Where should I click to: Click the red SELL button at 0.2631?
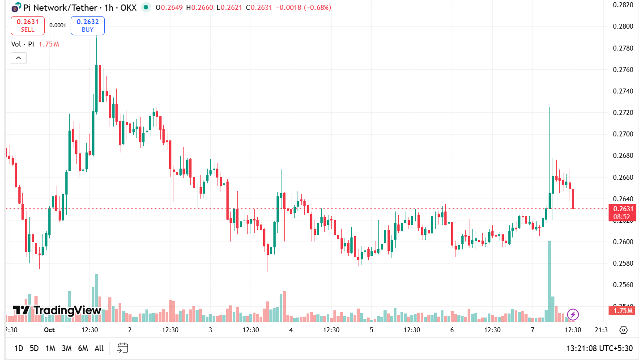pyautogui.click(x=27, y=25)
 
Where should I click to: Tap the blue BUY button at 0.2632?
pyautogui.click(x=88, y=25)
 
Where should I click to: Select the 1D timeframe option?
pyautogui.click(x=18, y=348)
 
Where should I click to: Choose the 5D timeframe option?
pyautogui.click(x=34, y=348)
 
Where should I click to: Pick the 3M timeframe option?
pyautogui.click(x=67, y=348)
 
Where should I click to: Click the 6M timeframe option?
pyautogui.click(x=83, y=348)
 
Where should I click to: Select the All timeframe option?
pyautogui.click(x=99, y=348)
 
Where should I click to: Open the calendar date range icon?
pyautogui.click(x=123, y=348)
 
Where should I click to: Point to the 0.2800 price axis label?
pyautogui.click(x=622, y=26)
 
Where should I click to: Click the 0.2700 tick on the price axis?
pyautogui.click(x=622, y=134)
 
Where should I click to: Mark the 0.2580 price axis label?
pyautogui.click(x=622, y=263)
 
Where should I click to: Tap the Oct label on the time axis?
pyautogui.click(x=49, y=330)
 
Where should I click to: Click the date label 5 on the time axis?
pyautogui.click(x=371, y=330)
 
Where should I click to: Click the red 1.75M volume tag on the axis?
pyautogui.click(x=623, y=311)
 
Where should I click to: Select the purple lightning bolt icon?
pyautogui.click(x=573, y=314)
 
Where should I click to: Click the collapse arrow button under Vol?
pyautogui.click(x=19, y=58)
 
